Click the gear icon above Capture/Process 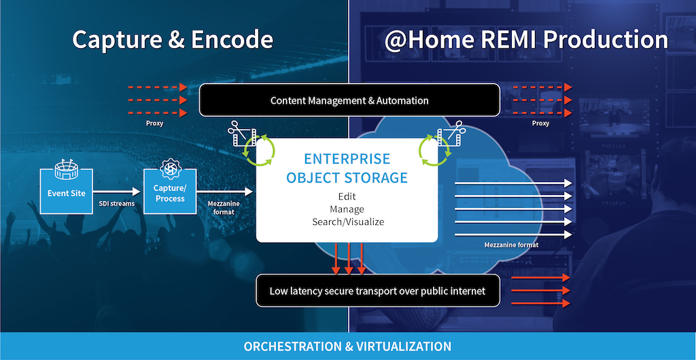pos(171,168)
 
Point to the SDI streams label pos(116,204)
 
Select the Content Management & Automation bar pos(350,101)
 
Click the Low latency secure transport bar pos(378,291)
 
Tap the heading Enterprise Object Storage pos(347,168)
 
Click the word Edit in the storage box pos(347,196)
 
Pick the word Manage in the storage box pos(347,209)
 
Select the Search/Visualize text pos(348,221)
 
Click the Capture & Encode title pos(173,40)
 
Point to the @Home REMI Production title pos(526,40)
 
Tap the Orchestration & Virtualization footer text pos(347,346)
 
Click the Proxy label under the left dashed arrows pos(154,123)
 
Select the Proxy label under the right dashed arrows pos(540,123)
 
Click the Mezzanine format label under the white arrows pos(511,245)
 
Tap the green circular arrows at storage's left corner pos(258,150)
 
